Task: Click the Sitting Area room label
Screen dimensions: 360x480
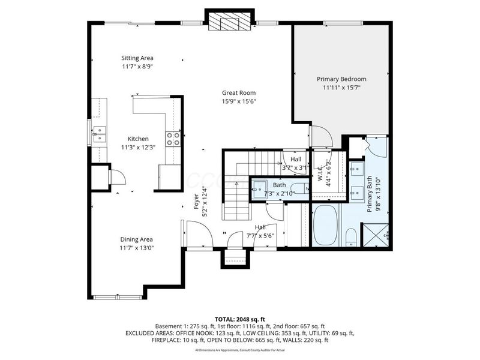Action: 137,58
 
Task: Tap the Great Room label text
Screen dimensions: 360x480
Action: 239,92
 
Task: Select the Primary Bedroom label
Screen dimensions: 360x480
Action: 341,79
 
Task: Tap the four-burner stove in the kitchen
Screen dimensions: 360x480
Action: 173,139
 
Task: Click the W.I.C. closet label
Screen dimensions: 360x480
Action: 320,175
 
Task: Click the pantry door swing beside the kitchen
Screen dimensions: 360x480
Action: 116,176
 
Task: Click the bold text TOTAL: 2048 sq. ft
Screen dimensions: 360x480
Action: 239,319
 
